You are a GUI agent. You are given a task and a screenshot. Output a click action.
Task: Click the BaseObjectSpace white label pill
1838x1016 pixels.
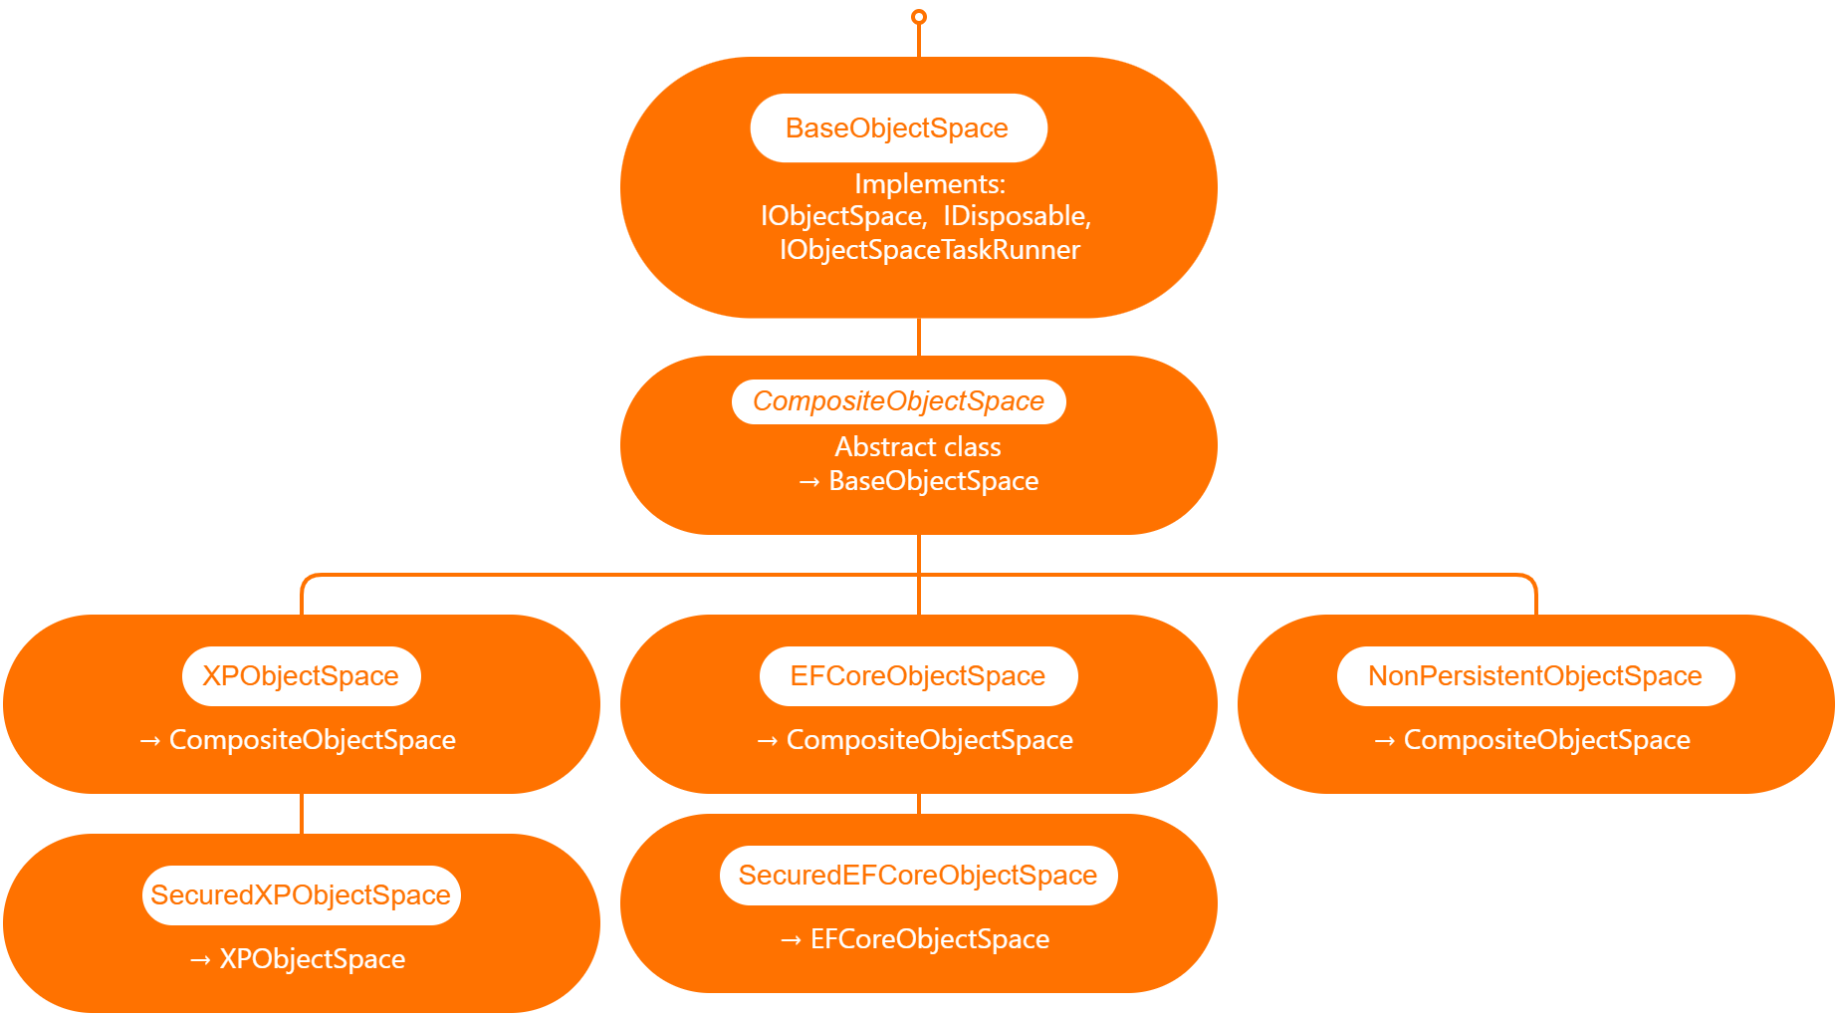pyautogui.click(x=897, y=128)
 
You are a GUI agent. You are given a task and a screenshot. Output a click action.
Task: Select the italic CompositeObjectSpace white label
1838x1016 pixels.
pyautogui.click(x=898, y=401)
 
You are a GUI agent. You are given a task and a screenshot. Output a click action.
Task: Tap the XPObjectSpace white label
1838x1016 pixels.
pyautogui.click(x=301, y=676)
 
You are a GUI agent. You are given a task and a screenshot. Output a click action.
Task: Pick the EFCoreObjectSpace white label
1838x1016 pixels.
pyautogui.click(x=917, y=676)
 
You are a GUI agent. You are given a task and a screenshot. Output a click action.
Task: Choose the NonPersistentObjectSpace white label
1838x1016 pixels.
pyautogui.click(x=1534, y=676)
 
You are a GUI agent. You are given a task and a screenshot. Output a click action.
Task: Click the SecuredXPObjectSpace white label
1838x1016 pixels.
pyautogui.click(x=301, y=895)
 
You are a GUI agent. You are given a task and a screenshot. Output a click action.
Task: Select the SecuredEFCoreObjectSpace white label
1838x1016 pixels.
pyautogui.click(x=917, y=876)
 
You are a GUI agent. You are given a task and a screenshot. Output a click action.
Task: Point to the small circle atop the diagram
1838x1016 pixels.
pyautogui.click(x=919, y=17)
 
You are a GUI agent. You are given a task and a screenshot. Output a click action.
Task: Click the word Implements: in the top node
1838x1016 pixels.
pyautogui.click(x=930, y=184)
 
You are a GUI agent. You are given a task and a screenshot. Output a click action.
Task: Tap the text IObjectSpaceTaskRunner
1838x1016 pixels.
pyautogui.click(x=930, y=250)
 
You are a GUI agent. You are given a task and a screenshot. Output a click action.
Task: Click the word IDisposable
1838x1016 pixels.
pyautogui.click(x=1017, y=216)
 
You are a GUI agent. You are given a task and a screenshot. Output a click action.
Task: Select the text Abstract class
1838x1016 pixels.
pyautogui.click(x=918, y=447)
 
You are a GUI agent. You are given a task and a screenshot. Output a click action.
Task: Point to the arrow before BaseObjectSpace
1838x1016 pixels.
pyautogui.click(x=809, y=482)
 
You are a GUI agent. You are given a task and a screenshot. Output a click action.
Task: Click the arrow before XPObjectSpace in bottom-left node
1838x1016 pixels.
pyautogui.click(x=200, y=960)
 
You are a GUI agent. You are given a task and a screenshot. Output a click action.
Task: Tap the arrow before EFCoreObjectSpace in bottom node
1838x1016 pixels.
pyautogui.click(x=791, y=940)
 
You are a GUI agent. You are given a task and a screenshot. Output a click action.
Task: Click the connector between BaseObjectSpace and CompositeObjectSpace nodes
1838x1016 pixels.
pyautogui.click(x=919, y=337)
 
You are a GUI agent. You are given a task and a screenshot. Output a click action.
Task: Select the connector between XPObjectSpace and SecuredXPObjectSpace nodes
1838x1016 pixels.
pyautogui.click(x=302, y=814)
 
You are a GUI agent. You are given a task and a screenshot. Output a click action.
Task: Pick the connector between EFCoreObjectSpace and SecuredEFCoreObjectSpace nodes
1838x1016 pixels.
pyautogui.click(x=919, y=804)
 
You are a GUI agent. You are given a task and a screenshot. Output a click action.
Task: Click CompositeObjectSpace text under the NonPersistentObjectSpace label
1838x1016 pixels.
pyautogui.click(x=1546, y=740)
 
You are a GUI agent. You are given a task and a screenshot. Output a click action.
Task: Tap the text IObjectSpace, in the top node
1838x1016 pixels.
pyautogui.click(x=843, y=216)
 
